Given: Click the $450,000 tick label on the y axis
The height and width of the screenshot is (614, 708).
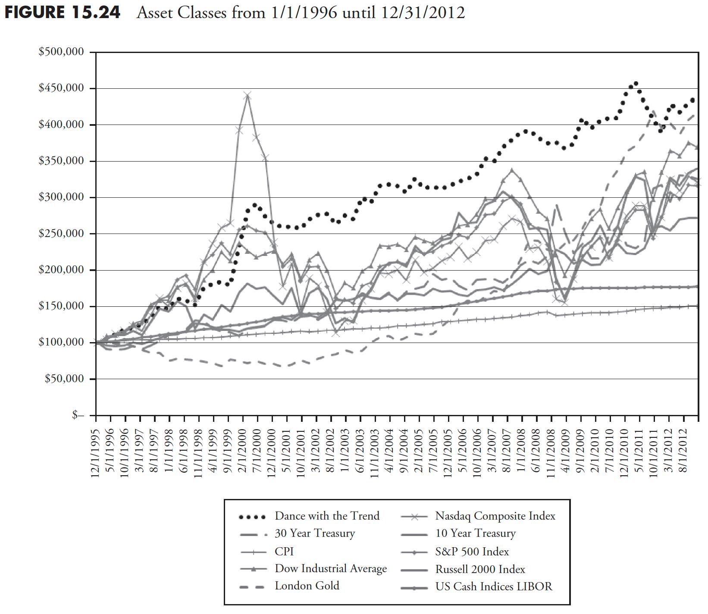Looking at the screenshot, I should pos(61,88).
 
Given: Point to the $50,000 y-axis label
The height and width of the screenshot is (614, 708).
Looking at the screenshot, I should pos(64,379).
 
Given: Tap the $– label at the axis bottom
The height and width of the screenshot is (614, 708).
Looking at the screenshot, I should pos(78,415).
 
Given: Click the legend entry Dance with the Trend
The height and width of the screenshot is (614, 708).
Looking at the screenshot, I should pos(327,516).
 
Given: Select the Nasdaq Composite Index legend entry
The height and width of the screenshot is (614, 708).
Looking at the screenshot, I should pos(495,516).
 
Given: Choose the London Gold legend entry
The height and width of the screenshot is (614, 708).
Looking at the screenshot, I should pos(307,586).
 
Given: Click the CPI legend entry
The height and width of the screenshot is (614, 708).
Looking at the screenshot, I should pos(284,551).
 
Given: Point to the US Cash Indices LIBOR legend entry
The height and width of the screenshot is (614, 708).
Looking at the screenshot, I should pos(493,586).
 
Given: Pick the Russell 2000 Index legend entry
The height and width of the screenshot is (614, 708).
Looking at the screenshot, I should pos(480,569).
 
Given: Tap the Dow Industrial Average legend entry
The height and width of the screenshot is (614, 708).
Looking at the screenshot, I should pos(330,568).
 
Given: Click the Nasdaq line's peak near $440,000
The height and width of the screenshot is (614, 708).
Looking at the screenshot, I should pos(247,96).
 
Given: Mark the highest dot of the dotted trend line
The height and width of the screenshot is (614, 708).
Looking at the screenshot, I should pos(636,84).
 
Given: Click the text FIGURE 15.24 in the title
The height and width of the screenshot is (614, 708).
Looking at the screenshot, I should pos(63,12).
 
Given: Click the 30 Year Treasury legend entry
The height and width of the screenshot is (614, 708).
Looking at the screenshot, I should pos(314,533).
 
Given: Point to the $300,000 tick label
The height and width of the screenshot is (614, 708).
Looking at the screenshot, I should pos(61,197).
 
